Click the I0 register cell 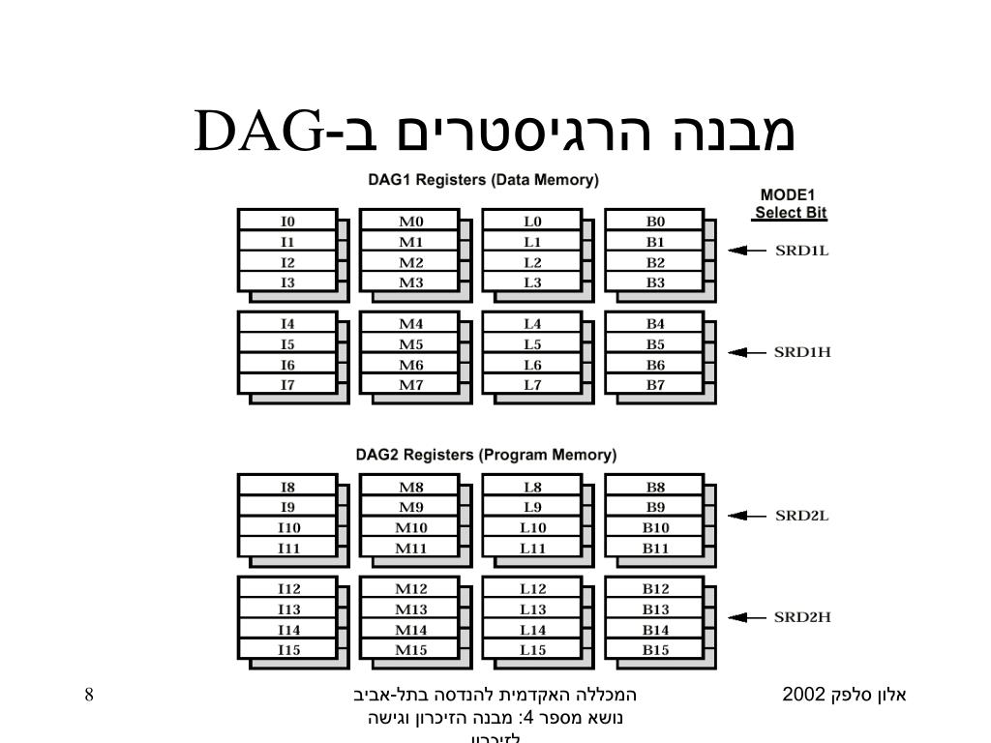click(287, 221)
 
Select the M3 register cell click(410, 282)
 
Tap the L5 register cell click(532, 344)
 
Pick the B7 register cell click(655, 385)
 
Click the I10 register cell click(287, 527)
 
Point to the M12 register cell click(410, 588)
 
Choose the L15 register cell click(532, 650)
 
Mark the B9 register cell click(655, 507)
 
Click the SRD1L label click(802, 251)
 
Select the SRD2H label click(802, 617)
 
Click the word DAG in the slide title click(259, 133)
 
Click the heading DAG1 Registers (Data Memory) click(483, 180)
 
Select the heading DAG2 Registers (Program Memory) click(485, 455)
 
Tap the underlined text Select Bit click(791, 213)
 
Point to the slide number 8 click(89, 694)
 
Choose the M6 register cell click(410, 365)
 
